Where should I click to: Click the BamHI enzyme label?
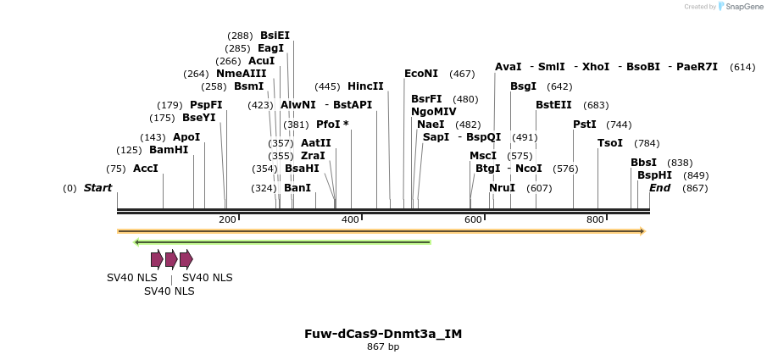pyautogui.click(x=169, y=150)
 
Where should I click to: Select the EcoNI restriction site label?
pyautogui.click(x=421, y=74)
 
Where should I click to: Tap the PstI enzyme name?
pyautogui.click(x=585, y=125)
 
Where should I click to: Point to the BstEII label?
pyautogui.click(x=553, y=105)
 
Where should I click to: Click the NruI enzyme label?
pyautogui.click(x=502, y=188)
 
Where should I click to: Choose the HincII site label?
pyautogui.click(x=365, y=86)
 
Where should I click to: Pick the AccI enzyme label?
pyautogui.click(x=146, y=169)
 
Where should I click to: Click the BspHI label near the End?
pyautogui.click(x=654, y=175)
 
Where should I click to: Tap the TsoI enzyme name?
pyautogui.click(x=610, y=143)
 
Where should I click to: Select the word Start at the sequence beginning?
pyautogui.click(x=97, y=188)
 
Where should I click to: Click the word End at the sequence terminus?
pyautogui.click(x=660, y=188)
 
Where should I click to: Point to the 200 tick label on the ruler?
pyautogui.click(x=227, y=220)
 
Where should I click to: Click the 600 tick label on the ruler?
pyautogui.click(x=473, y=220)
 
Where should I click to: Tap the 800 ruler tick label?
pyautogui.click(x=595, y=220)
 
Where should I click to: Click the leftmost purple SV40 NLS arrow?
pyautogui.click(x=157, y=259)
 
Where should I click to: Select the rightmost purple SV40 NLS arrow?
pyautogui.click(x=186, y=259)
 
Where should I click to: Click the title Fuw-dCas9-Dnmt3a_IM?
pyautogui.click(x=383, y=334)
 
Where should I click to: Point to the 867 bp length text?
pyautogui.click(x=383, y=347)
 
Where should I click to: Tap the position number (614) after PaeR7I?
pyautogui.click(x=742, y=67)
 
